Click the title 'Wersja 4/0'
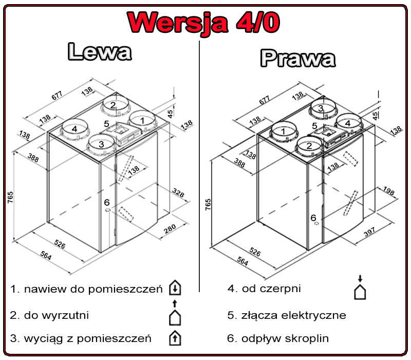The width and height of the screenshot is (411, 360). click(204, 21)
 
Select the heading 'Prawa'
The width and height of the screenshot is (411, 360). click(297, 58)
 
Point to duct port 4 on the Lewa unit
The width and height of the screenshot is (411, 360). click(75, 129)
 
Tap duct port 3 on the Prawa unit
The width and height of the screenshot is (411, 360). click(321, 108)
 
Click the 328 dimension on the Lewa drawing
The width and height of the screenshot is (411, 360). click(178, 192)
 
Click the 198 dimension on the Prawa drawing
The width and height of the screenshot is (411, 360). click(388, 192)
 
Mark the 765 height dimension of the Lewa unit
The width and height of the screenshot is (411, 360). click(10, 198)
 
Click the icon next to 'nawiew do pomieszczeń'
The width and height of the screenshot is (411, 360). click(175, 289)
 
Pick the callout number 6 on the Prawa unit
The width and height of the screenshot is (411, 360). click(313, 218)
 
